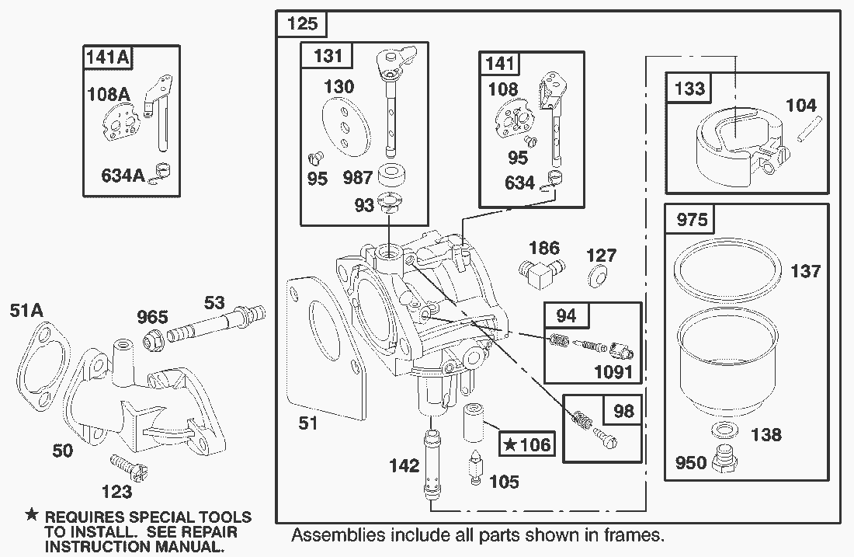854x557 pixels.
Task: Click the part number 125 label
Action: pos(302,23)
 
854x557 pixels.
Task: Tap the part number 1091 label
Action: pos(613,371)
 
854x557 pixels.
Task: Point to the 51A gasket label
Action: pos(26,311)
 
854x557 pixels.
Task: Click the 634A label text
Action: pos(123,176)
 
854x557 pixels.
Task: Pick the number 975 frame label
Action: pos(692,220)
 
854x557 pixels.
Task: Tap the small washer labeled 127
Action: pos(597,277)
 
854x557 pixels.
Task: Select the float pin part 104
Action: pos(810,131)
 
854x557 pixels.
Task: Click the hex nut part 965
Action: pos(152,340)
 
